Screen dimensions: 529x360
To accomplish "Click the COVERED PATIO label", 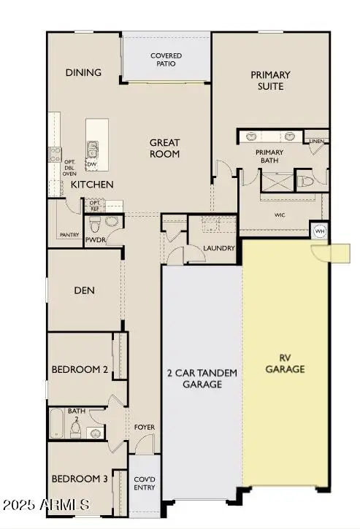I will [166, 60].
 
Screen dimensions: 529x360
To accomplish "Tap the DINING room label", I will [83, 72].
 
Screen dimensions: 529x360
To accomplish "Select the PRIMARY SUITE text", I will [270, 80].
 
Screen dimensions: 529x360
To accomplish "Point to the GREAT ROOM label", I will [165, 148].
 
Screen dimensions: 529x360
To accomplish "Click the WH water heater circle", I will [319, 231].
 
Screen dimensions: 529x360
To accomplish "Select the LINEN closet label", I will [316, 141].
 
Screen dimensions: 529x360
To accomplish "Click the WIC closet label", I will [279, 215].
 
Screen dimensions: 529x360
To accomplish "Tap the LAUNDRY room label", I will [220, 248].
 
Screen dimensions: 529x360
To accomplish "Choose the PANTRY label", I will [69, 235].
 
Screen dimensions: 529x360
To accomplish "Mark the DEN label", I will [84, 290].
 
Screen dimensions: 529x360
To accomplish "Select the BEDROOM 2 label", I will [80, 370].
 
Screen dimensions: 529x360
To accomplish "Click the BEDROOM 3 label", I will [80, 479].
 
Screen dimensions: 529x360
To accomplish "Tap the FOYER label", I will [144, 427].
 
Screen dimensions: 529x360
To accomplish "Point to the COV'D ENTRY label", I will [144, 483].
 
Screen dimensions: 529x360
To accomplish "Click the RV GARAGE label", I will [285, 363].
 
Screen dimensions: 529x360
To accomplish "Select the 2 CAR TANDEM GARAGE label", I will [201, 378].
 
